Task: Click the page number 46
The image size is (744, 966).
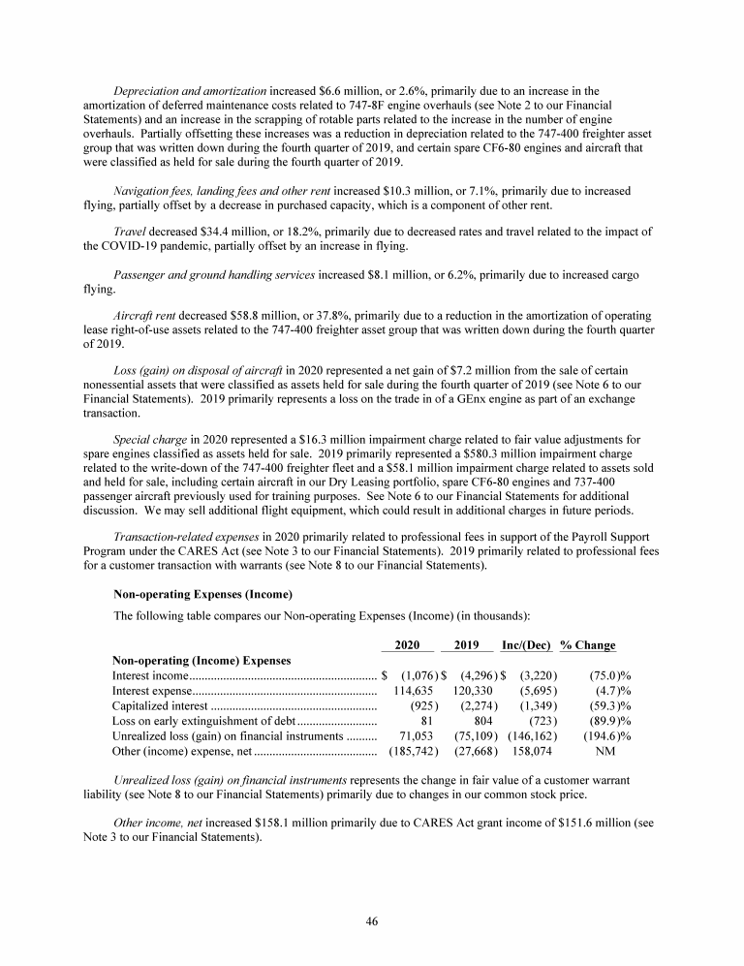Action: (x=371, y=921)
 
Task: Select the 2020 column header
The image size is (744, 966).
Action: (x=407, y=645)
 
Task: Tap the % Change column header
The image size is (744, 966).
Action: (x=588, y=645)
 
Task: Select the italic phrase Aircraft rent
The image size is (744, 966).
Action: (x=145, y=316)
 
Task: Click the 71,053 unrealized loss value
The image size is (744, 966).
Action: (x=416, y=735)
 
